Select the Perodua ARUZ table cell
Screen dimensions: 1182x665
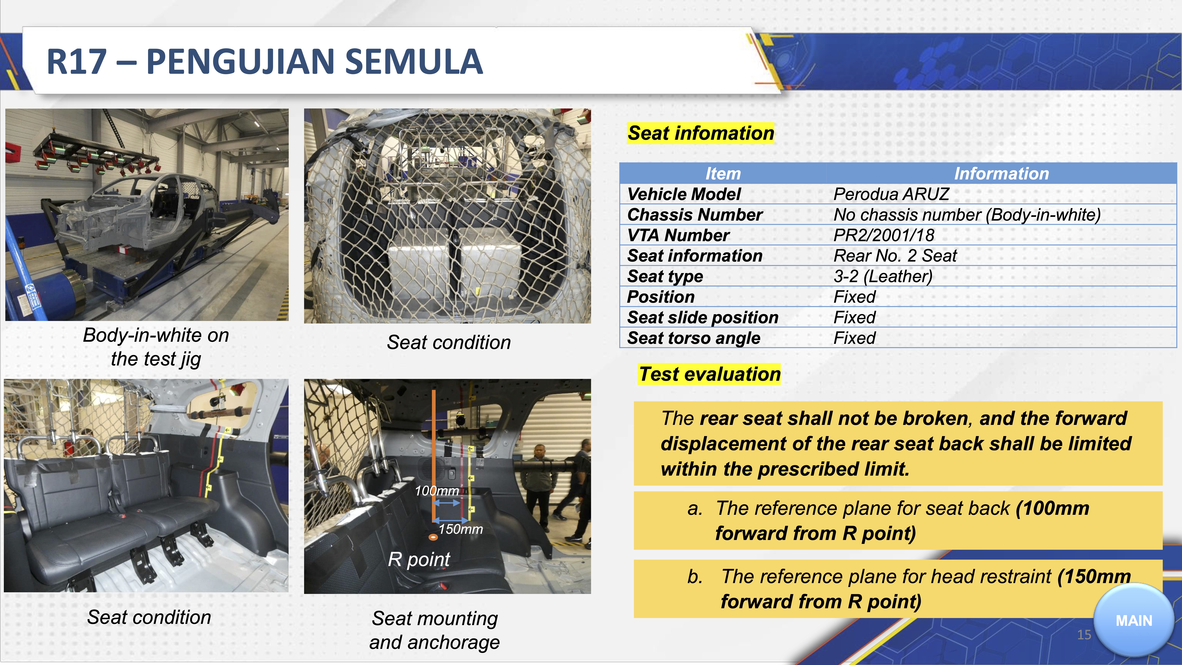pyautogui.click(x=891, y=194)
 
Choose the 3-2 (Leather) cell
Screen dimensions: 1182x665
pyautogui.click(x=883, y=276)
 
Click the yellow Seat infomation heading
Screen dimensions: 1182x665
pyautogui.click(x=701, y=133)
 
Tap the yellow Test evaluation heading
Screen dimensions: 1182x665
pyautogui.click(x=709, y=374)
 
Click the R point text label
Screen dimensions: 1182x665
pyautogui.click(x=419, y=559)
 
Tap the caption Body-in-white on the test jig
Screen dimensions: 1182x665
pyautogui.click(x=156, y=347)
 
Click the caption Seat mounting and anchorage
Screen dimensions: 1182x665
pyautogui.click(x=435, y=630)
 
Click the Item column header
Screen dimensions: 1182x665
pyautogui.click(x=723, y=173)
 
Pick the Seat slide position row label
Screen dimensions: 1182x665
pyautogui.click(x=703, y=317)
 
